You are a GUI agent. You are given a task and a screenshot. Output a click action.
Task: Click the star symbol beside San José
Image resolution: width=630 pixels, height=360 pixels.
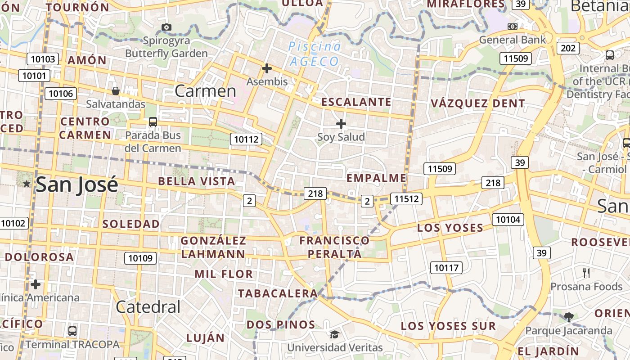[27, 184]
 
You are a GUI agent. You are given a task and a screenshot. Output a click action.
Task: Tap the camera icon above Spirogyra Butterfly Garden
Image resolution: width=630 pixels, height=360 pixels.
[166, 27]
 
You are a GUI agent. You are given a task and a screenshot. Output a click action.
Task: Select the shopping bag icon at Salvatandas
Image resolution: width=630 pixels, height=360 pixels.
[116, 91]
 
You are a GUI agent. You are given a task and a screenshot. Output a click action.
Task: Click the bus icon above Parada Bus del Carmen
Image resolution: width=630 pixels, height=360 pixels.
[153, 121]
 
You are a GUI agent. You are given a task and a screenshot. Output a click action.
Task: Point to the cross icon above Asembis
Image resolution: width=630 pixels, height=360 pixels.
[267, 68]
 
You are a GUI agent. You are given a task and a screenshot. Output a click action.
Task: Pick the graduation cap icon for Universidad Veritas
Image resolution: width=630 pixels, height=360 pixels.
[334, 334]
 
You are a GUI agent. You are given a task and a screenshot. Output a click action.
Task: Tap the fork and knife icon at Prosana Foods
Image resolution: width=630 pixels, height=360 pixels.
[586, 273]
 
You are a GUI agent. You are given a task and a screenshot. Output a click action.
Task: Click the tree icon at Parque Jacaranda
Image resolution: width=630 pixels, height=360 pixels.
[569, 317]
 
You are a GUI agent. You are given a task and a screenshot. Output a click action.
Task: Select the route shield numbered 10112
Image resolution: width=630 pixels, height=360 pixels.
[246, 139]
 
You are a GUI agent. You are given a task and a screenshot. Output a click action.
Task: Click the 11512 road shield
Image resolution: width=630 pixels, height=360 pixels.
[406, 198]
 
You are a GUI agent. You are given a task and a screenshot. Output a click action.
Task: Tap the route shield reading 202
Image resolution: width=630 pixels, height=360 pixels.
[568, 48]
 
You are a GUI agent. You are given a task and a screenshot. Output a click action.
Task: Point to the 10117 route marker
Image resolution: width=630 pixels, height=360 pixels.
[446, 268]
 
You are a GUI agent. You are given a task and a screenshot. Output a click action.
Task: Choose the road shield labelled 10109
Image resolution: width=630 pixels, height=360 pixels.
[140, 258]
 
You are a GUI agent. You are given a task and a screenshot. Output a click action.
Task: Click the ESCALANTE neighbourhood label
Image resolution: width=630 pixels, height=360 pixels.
[356, 102]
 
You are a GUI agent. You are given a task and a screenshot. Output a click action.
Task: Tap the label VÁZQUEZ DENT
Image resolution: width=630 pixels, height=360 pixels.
[478, 103]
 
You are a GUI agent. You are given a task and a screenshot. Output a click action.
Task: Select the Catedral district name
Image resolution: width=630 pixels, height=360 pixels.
[148, 307]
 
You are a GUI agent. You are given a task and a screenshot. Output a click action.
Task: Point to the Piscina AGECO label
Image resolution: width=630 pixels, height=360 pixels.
[314, 54]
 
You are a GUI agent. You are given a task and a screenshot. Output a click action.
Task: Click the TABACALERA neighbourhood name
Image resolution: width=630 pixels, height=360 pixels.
[278, 293]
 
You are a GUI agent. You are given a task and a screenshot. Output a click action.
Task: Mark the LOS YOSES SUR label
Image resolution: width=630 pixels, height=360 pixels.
[448, 326]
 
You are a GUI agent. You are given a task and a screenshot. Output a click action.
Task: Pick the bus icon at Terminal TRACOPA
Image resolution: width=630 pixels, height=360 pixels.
[72, 331]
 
